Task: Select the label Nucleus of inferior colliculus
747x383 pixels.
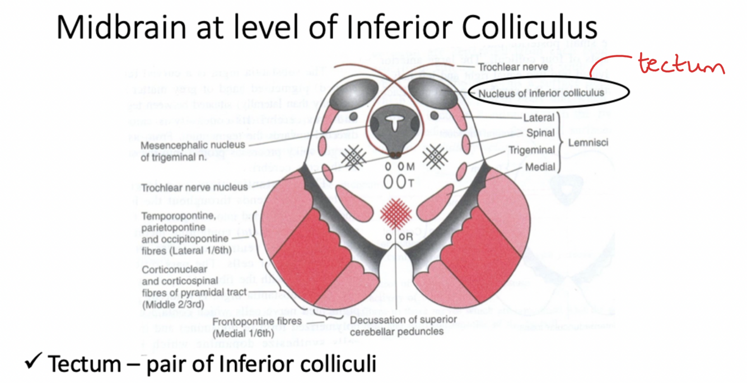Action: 540,93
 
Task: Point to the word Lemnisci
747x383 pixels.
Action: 588,142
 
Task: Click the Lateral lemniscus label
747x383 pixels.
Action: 539,118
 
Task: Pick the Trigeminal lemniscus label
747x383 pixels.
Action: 531,150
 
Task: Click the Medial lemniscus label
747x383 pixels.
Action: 540,166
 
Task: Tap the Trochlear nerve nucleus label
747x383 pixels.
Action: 194,188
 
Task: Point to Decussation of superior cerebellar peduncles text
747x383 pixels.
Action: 403,325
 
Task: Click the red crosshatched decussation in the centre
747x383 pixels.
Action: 396,213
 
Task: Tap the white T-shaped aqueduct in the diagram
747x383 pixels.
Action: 395,122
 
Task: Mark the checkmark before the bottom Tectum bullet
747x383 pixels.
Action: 32,363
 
